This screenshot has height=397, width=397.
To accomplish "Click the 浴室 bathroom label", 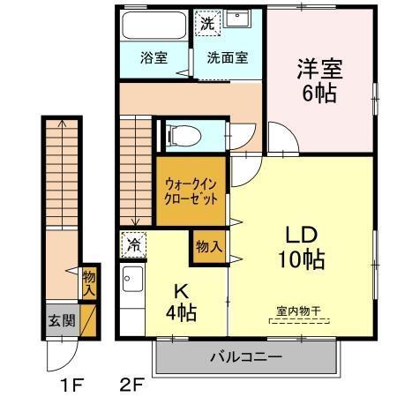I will [x=154, y=59].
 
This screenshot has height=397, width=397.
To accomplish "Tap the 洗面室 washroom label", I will [x=228, y=59].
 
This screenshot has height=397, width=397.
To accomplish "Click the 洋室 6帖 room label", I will [x=318, y=79].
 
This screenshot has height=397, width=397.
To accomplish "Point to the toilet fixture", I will [x=184, y=135].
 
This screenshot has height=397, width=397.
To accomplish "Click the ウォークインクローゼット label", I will [x=191, y=188].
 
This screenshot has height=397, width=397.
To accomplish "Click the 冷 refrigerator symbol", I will [x=133, y=242].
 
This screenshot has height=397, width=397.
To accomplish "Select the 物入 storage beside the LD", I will [x=209, y=247].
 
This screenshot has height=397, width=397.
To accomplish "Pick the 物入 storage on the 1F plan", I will [x=89, y=283].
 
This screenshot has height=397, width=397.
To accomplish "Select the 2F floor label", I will [x=131, y=385].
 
